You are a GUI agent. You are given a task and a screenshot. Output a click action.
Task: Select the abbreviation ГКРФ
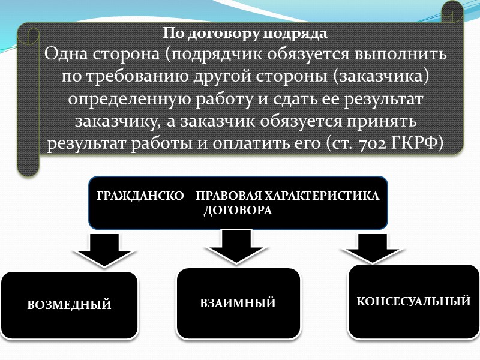coord(414,145)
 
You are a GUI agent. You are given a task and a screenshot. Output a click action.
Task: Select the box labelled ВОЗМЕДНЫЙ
coord(70,305)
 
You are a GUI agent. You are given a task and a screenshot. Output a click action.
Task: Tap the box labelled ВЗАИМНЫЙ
coord(238,303)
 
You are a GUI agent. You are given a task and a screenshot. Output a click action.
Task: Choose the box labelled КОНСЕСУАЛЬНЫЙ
coord(413,301)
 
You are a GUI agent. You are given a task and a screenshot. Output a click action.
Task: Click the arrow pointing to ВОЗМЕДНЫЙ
coord(104,250)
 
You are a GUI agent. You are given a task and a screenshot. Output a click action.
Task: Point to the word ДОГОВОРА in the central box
coord(238,211)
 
